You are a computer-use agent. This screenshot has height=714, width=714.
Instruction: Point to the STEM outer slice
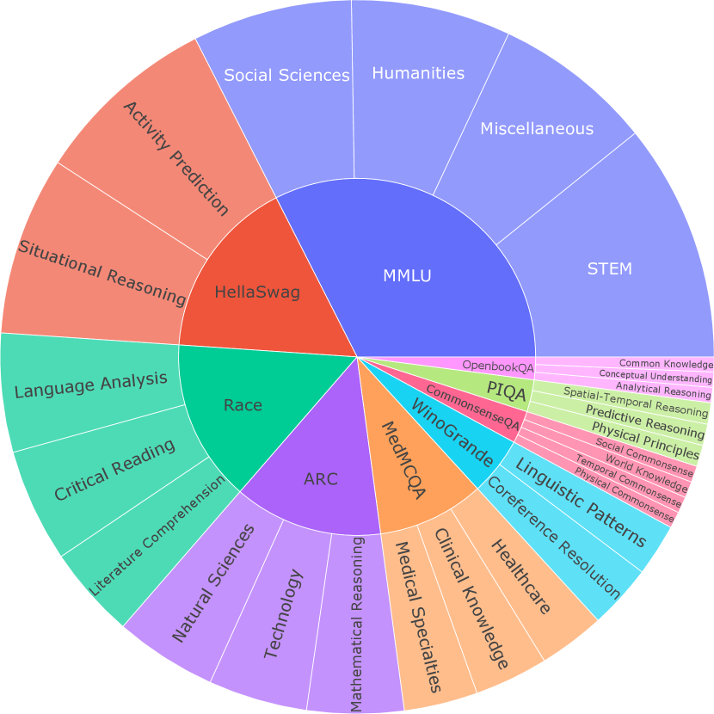point(609,268)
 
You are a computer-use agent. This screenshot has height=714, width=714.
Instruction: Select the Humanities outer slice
point(419,73)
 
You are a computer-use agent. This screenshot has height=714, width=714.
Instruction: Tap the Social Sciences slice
point(286,76)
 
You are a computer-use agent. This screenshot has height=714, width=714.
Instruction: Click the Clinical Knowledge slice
point(469,598)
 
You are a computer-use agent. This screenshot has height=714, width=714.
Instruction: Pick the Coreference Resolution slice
point(551,538)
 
